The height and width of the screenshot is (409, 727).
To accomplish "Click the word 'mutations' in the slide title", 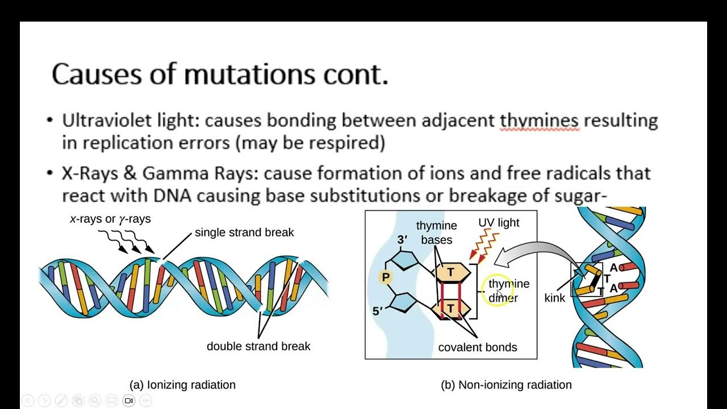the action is click(249, 74).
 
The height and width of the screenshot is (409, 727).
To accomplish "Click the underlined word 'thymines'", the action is click(539, 121).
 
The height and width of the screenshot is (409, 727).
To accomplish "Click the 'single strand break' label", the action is click(244, 232).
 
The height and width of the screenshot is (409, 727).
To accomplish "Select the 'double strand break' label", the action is click(258, 346).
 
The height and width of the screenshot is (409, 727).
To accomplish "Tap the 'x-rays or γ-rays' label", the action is click(110, 219).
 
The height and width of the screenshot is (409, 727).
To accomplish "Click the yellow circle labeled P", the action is click(386, 277).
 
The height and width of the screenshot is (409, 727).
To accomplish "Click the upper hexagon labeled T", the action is click(451, 273).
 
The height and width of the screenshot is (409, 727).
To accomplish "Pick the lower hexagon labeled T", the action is click(450, 309).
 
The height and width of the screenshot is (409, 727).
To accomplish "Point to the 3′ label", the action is click(403, 240).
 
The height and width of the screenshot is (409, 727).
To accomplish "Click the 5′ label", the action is click(378, 311).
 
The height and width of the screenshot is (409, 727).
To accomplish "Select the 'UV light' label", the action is click(499, 223).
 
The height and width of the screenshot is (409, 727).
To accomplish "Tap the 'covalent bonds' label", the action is click(478, 347).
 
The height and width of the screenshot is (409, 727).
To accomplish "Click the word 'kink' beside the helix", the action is click(554, 298).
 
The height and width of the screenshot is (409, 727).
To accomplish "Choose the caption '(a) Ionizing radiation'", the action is click(182, 385).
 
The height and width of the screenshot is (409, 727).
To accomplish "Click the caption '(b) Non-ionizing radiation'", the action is click(506, 385).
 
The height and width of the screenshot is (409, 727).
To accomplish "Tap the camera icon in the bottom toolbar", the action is click(129, 400).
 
